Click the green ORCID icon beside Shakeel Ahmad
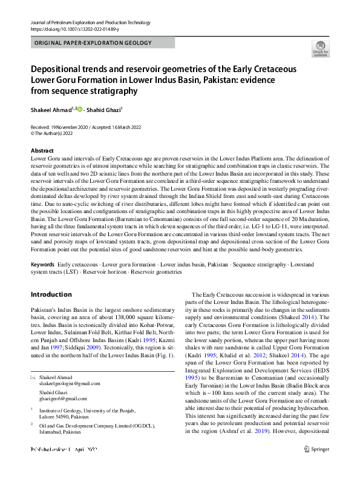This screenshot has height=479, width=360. coord(79,109)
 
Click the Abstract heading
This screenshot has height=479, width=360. coord(42,151)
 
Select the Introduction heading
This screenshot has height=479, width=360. coord(51,294)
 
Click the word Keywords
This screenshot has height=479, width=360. coord(42,265)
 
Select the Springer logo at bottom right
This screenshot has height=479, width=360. coord(317,467)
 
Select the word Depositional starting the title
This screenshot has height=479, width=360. coord(61,69)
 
